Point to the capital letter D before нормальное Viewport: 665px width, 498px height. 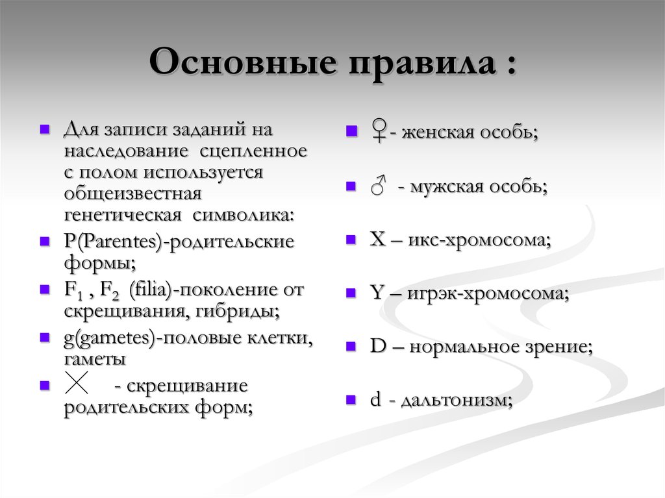[377, 346]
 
